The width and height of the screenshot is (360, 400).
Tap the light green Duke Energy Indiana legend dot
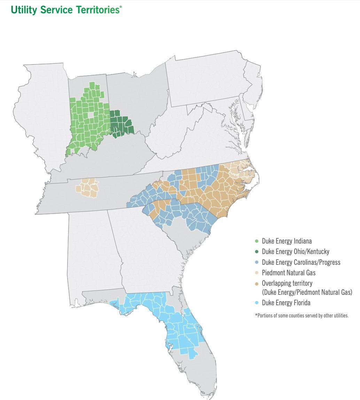pyautogui.click(x=257, y=241)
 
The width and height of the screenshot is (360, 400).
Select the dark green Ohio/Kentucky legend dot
pyautogui.click(x=257, y=251)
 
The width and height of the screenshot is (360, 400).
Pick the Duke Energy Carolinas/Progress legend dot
pyautogui.click(x=257, y=262)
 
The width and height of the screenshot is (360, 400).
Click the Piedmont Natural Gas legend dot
pyautogui.click(x=257, y=273)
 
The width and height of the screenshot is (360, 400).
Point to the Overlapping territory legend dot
pyautogui.click(x=257, y=284)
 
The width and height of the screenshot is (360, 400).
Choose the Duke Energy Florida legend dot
pyautogui.click(x=257, y=303)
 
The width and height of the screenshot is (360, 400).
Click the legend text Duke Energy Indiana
pyautogui.click(x=287, y=241)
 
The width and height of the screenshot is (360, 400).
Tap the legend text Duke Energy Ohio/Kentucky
pyautogui.click(x=295, y=251)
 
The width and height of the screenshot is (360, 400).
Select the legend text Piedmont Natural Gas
pyautogui.click(x=289, y=273)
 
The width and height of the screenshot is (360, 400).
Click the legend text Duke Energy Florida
pyautogui.click(x=286, y=303)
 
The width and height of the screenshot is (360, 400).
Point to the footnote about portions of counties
pyautogui.click(x=302, y=316)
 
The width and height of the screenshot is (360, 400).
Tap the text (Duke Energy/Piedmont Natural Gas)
pyautogui.click(x=307, y=292)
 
